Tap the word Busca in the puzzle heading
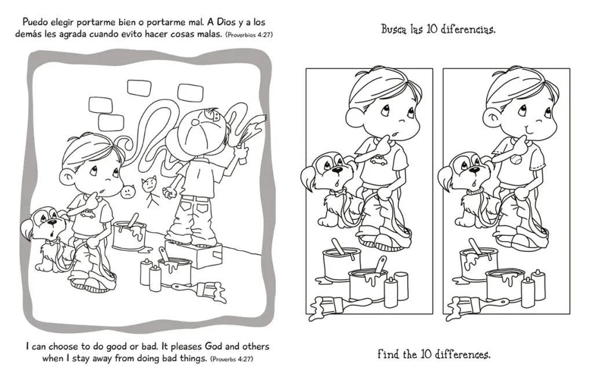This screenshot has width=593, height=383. point(394,29)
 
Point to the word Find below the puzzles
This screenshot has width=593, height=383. point(388,354)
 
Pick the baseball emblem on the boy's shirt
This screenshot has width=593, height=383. point(515,160)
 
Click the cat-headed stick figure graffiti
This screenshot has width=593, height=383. point(149,191)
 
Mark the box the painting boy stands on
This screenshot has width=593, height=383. point(193,254)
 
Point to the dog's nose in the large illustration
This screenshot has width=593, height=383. point(53,222)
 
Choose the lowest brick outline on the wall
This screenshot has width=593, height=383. point(111,121)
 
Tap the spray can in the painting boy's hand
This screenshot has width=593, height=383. point(241,156)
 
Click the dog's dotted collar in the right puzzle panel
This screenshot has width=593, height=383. point(473,191)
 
